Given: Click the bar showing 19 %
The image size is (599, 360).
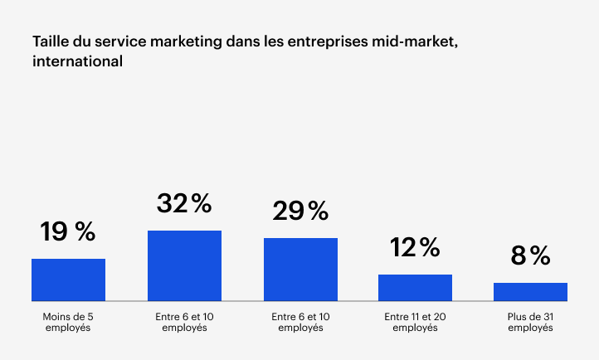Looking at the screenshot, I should (68, 280).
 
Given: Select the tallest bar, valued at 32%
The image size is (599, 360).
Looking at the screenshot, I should (184, 265).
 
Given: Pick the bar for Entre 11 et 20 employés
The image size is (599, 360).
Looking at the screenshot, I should (415, 287).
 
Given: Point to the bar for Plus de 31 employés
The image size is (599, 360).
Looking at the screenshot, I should (530, 291).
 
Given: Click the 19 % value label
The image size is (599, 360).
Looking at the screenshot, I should (68, 231).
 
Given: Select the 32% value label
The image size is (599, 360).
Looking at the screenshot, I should (184, 203).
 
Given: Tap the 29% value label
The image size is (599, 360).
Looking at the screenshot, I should (300, 211).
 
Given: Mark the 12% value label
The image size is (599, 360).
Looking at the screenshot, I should (415, 246).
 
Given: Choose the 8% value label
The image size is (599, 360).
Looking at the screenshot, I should (530, 255).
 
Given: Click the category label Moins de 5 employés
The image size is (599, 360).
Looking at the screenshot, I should (68, 322).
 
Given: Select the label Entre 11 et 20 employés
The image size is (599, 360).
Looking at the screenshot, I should (415, 322).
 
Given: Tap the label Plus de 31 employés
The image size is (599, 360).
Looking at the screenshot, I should (530, 322).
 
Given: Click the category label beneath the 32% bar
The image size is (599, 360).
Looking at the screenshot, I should (184, 322).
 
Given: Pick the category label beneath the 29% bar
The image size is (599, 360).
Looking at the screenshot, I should (300, 322).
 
